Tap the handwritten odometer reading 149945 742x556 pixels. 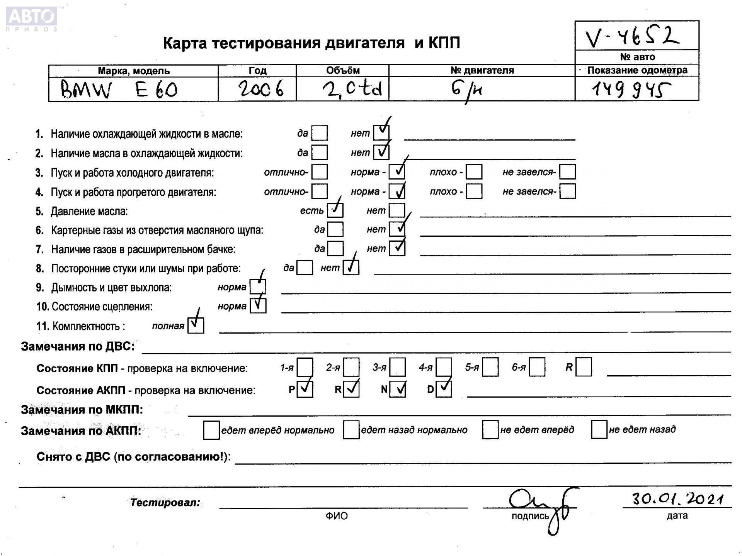(x=631, y=90)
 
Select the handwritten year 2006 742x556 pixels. (x=260, y=89)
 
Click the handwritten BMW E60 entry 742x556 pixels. (x=119, y=90)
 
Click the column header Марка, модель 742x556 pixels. (x=133, y=71)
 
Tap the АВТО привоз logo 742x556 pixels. (x=32, y=19)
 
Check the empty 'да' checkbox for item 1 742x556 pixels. (x=319, y=133)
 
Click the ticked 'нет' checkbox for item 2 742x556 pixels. (x=381, y=152)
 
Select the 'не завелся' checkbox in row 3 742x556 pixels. (x=567, y=172)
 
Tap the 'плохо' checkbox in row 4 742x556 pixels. (x=474, y=191)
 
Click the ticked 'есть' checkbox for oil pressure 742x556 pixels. (x=335, y=210)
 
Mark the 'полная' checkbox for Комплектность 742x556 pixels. (x=196, y=325)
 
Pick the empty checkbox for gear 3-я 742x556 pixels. (x=397, y=367)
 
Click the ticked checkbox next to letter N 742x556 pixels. (x=397, y=389)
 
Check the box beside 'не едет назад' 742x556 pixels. (x=599, y=430)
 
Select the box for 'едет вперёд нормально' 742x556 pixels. (x=211, y=430)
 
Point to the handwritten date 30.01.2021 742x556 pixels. (x=677, y=498)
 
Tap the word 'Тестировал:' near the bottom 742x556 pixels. (x=165, y=503)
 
